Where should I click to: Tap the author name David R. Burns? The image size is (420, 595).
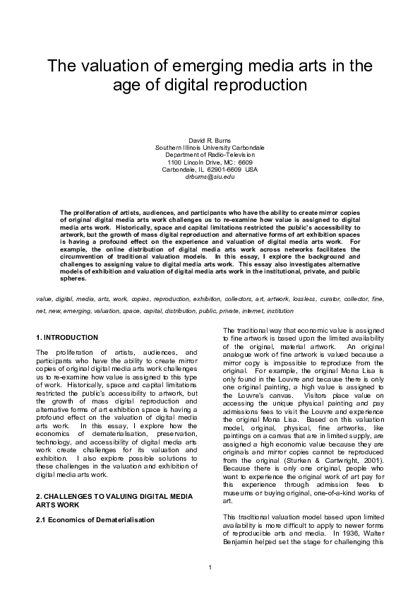pos(210,140)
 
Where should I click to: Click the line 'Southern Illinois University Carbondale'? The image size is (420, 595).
pos(210,147)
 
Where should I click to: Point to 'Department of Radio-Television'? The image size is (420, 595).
pos(210,154)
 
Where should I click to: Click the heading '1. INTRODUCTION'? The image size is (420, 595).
pos(67,337)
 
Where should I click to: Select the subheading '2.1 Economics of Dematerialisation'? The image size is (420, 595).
pos(95,519)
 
